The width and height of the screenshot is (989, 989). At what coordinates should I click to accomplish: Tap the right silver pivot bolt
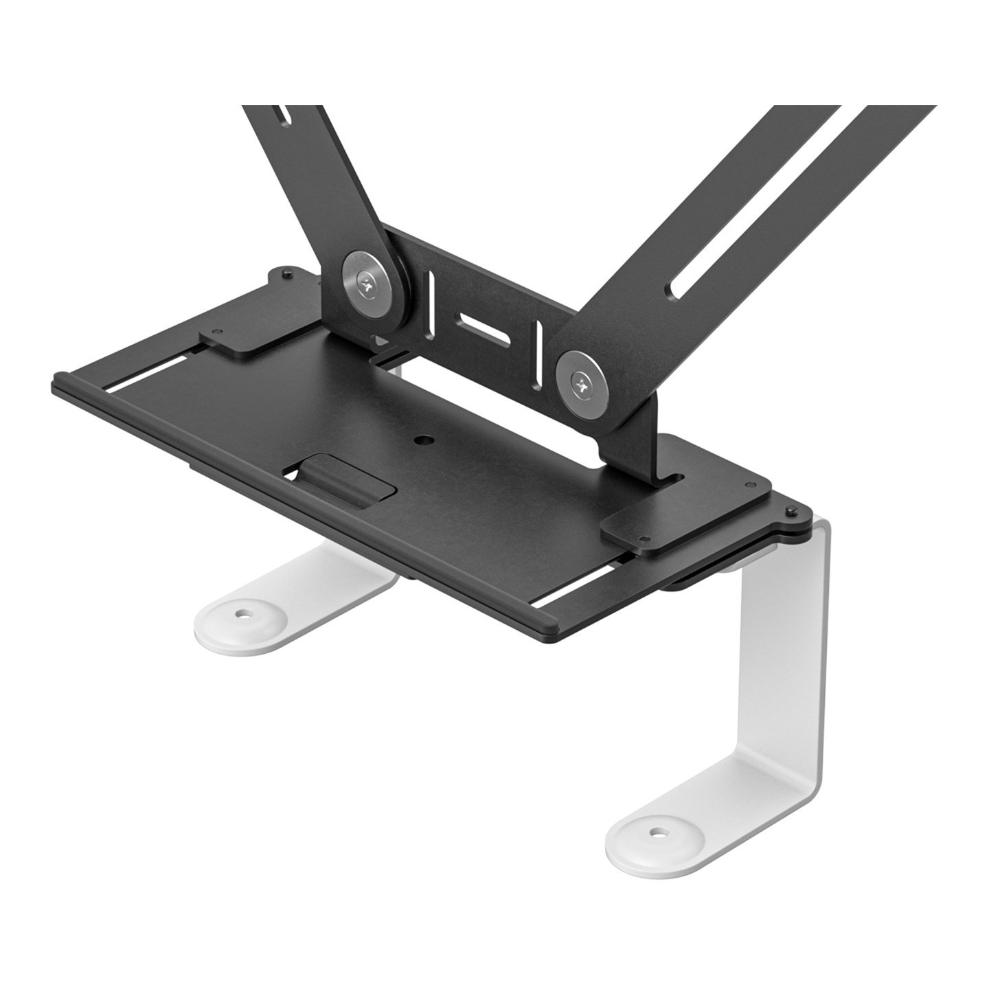584,382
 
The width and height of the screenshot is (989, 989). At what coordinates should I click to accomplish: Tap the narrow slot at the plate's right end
577,591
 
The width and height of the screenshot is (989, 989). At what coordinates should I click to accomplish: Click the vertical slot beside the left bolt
431,295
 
